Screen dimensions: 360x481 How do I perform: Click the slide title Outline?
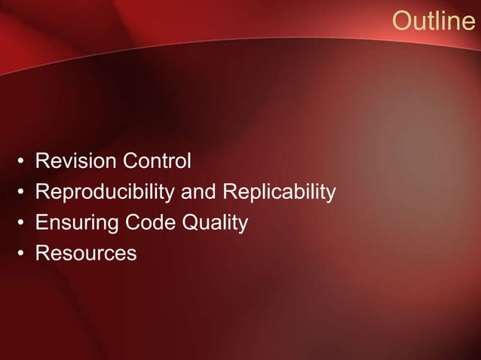pos(434,22)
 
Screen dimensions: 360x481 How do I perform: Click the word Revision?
pos(71,161)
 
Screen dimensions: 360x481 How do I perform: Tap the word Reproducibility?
pos(104,193)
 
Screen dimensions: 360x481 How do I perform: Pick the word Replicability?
pos(277,193)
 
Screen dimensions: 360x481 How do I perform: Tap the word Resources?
pos(86,254)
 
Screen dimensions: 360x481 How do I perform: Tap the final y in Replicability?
pos(329,195)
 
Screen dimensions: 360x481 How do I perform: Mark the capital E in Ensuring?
pos(42,223)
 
